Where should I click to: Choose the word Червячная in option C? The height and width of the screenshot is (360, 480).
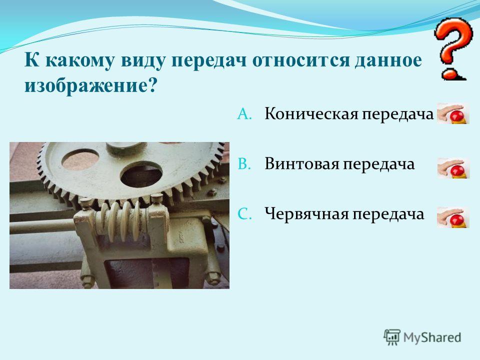coord(306,213)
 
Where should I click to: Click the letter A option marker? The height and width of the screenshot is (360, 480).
coord(244,114)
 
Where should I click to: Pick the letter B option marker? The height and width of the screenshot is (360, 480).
coord(244,164)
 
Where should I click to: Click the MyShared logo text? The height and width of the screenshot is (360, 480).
coord(432,338)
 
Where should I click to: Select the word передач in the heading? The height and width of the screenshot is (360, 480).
coord(209,60)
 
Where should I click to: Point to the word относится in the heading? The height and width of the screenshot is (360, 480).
coord(300,60)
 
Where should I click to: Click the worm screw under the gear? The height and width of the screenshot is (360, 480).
coord(122,221)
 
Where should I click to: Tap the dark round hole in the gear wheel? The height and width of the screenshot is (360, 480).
coord(141,175)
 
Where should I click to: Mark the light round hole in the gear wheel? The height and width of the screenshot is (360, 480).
coord(80,159)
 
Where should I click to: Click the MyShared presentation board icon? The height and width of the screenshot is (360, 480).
coord(392,337)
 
